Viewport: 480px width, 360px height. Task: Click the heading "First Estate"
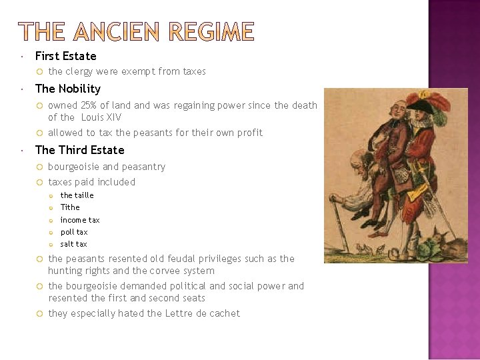click(65, 56)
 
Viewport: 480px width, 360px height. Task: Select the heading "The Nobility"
click(67, 89)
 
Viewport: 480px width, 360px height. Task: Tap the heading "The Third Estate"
click(79, 150)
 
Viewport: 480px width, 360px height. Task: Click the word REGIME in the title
click(211, 32)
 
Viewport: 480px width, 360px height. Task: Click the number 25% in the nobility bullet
click(88, 105)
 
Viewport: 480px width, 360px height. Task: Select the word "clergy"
click(79, 71)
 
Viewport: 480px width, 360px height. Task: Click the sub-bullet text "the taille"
click(77, 195)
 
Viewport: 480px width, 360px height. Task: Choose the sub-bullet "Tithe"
click(70, 207)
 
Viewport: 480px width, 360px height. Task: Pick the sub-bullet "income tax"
click(80, 220)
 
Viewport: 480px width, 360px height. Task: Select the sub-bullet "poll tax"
click(74, 232)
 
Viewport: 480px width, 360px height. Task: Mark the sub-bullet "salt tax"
click(73, 244)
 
